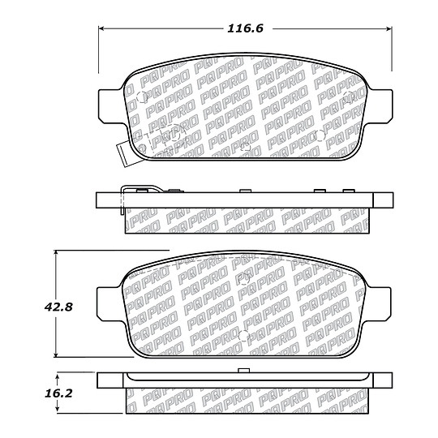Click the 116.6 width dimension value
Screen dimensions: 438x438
pyautogui.click(x=247, y=29)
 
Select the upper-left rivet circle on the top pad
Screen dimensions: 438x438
pyautogui.click(x=143, y=100)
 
